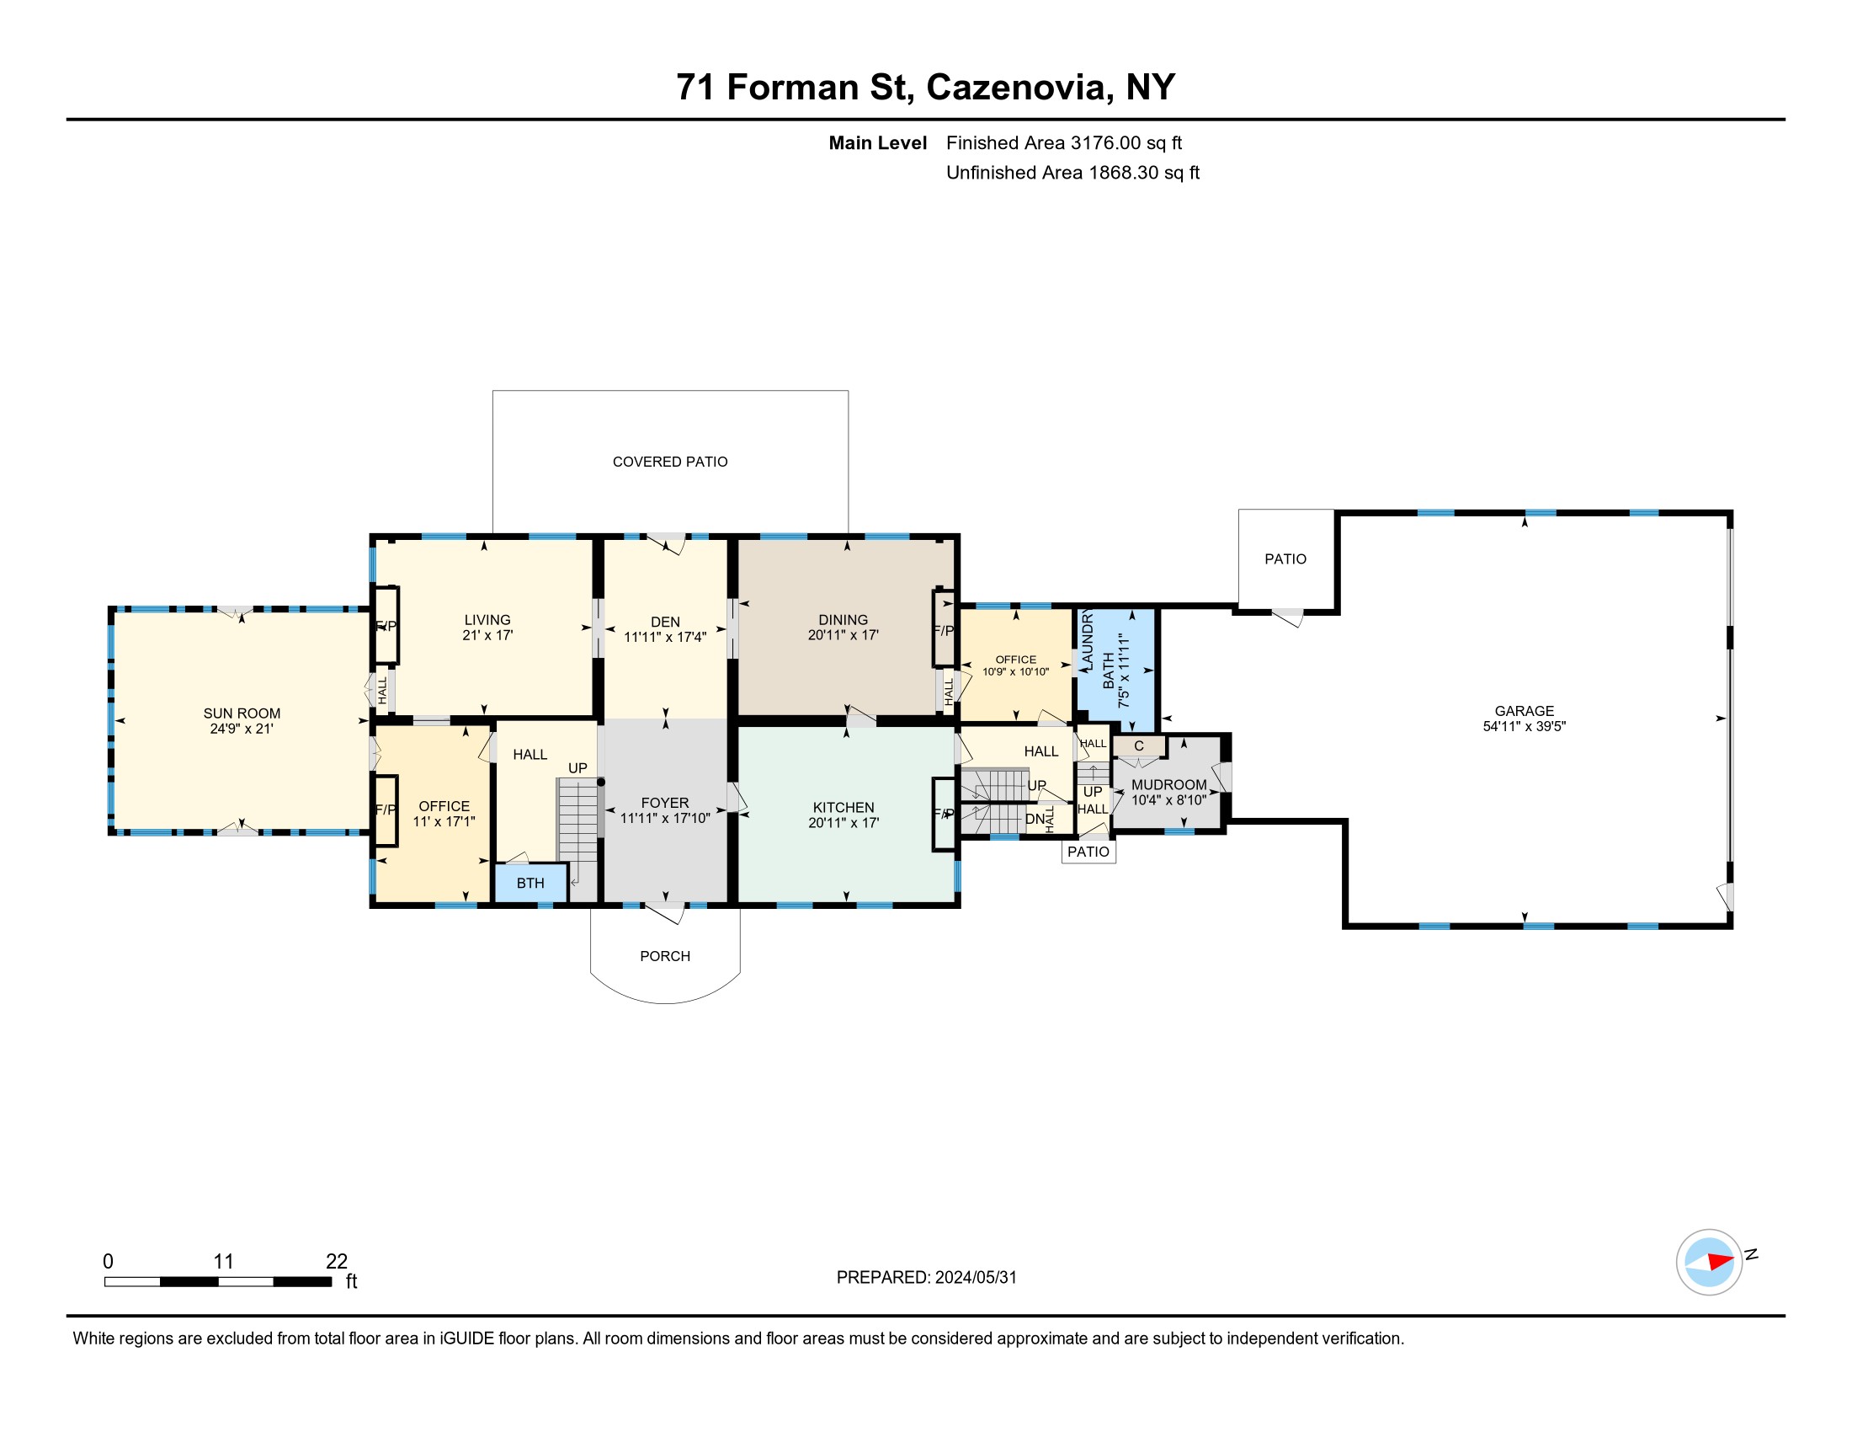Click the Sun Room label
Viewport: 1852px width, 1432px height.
pyautogui.click(x=242, y=713)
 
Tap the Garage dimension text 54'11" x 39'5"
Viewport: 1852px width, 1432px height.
pyautogui.click(x=1524, y=726)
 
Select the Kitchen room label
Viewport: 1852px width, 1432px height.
pyautogui.click(x=843, y=808)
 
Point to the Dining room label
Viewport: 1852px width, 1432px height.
pyautogui.click(x=843, y=620)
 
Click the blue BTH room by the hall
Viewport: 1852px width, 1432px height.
pyautogui.click(x=531, y=883)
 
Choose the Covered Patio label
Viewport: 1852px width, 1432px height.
pyautogui.click(x=670, y=462)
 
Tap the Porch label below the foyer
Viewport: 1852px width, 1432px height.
pyautogui.click(x=665, y=956)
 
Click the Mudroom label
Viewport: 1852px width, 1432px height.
pyautogui.click(x=1168, y=785)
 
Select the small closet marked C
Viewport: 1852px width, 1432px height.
pyautogui.click(x=1139, y=746)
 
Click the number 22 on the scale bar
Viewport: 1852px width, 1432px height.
pyautogui.click(x=337, y=1261)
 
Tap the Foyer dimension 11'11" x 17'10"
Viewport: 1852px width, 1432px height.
pyautogui.click(x=665, y=819)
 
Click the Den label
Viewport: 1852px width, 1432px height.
pyautogui.click(x=665, y=622)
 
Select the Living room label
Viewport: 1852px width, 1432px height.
pyautogui.click(x=487, y=620)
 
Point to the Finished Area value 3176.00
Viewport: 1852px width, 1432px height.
pyautogui.click(x=1106, y=142)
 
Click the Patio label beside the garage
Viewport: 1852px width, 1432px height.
pyautogui.click(x=1285, y=559)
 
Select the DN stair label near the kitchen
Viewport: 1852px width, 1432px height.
pyautogui.click(x=1035, y=820)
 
